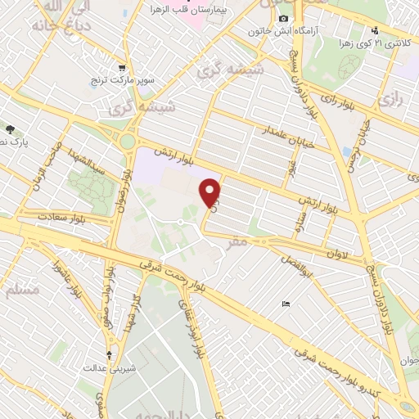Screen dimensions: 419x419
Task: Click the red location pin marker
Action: click(x=211, y=192)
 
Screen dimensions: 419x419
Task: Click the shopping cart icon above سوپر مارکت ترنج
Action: click(x=122, y=68)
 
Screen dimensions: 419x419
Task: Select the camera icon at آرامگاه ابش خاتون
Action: click(x=284, y=18)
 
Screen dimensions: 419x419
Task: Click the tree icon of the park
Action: click(x=10, y=129)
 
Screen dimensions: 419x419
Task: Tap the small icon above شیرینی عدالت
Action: click(x=110, y=355)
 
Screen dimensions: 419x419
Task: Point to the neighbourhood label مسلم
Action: click(x=23, y=288)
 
